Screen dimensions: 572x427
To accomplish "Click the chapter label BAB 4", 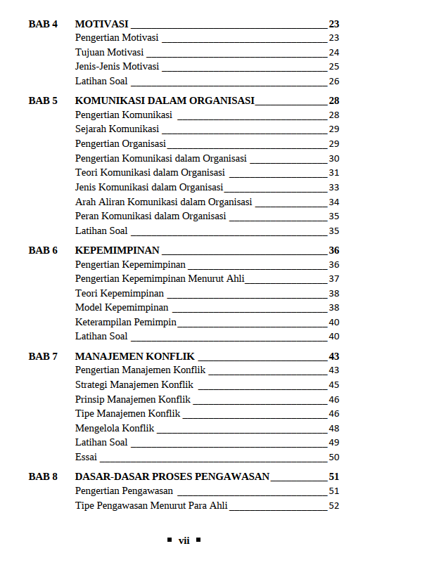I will coord(43,24).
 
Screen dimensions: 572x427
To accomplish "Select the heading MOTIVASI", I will coord(101,24).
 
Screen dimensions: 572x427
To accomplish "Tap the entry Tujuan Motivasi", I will coord(109,53).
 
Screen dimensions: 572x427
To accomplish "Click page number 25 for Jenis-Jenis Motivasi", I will coord(334,67).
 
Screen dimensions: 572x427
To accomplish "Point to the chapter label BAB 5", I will coord(43,100).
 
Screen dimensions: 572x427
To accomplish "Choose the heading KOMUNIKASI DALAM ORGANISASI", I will coord(165,100).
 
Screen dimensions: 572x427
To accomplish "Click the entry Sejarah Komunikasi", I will coord(117,129).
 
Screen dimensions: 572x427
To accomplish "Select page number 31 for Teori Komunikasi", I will coord(334,173).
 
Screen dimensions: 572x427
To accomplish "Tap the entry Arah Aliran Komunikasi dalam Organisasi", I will coord(163,202).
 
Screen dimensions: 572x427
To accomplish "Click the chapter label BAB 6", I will coord(43,250).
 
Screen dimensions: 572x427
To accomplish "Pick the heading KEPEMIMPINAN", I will coord(117,250).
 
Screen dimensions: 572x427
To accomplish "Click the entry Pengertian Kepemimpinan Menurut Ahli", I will coord(160,279).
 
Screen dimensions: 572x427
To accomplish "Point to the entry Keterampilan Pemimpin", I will coord(125,323).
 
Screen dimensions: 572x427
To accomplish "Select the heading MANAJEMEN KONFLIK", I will coord(134,356).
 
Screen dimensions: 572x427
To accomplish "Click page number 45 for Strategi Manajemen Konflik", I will coord(334,385).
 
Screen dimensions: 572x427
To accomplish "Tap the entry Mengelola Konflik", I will coord(115,428).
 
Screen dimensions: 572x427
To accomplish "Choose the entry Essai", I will coord(86,457).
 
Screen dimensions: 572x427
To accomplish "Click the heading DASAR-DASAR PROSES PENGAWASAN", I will coord(172,476).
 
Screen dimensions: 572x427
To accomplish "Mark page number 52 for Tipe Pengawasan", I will coord(334,505).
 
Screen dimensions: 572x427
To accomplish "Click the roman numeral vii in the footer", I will coord(184,540).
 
